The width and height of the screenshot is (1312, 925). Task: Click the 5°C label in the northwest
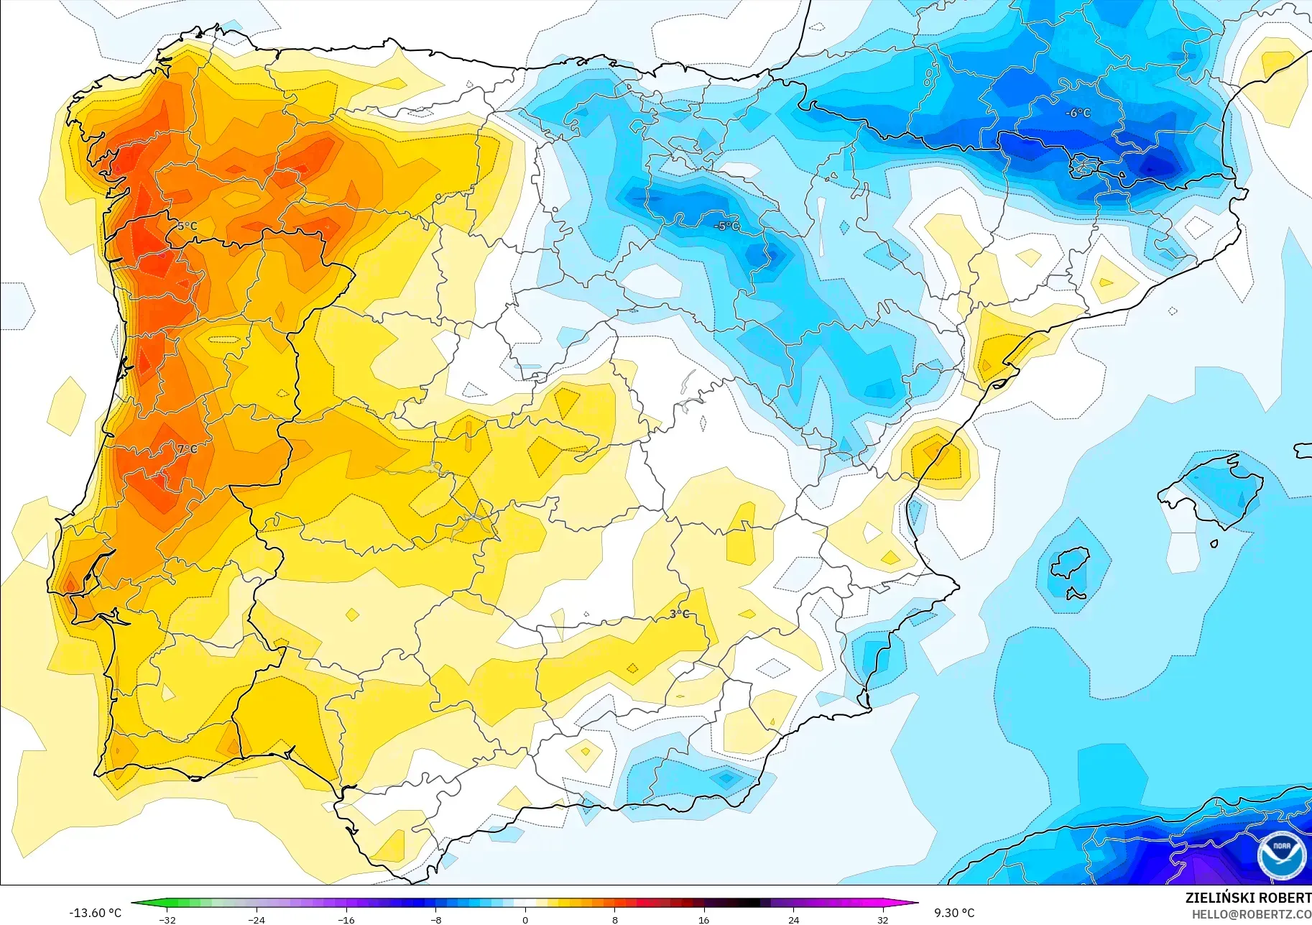tap(187, 226)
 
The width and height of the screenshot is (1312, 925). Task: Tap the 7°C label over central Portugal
tap(187, 449)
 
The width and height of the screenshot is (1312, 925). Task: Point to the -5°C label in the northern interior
tap(726, 226)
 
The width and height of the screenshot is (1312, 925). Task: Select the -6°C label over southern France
tap(1077, 113)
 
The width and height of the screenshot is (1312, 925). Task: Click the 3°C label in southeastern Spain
tap(679, 614)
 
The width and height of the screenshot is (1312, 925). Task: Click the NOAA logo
tap(1281, 855)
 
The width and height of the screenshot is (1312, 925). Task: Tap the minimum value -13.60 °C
tap(95, 913)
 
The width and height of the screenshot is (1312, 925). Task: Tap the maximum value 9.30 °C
tap(954, 913)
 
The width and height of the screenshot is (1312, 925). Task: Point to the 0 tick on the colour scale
tap(525, 920)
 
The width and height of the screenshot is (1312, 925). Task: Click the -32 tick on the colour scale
tap(167, 920)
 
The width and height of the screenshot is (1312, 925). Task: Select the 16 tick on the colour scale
tap(703, 920)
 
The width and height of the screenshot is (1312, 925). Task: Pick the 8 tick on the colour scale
tap(614, 920)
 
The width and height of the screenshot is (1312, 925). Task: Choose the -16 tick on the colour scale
tap(346, 920)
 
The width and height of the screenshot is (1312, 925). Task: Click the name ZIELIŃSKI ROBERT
tap(1247, 898)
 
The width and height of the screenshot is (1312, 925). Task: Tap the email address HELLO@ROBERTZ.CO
tap(1251, 915)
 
